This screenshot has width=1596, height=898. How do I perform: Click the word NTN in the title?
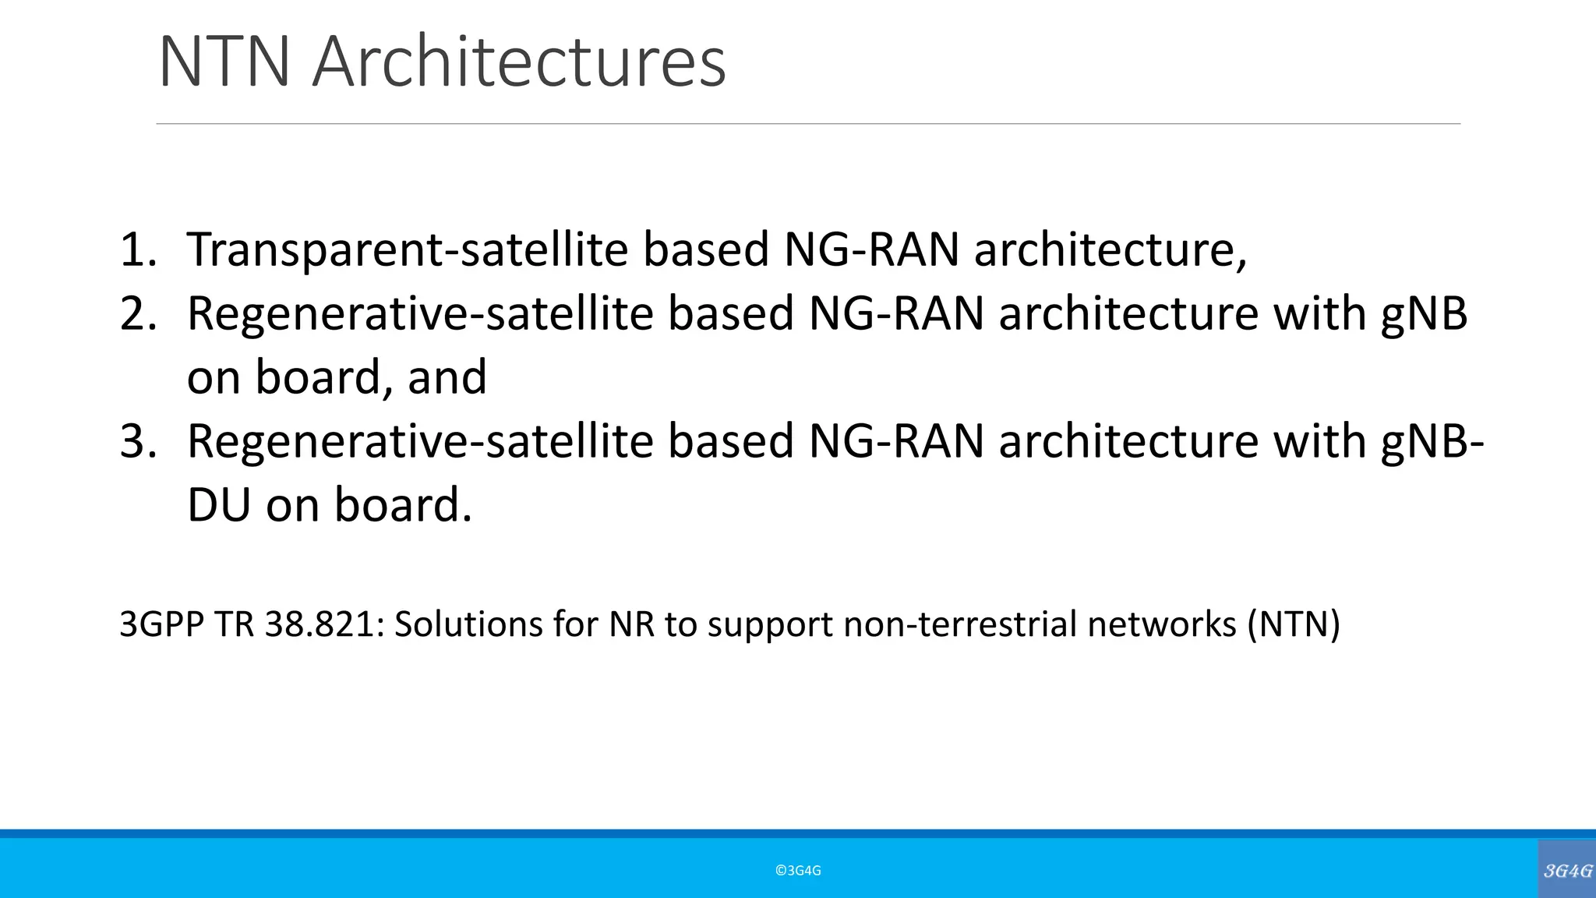click(x=224, y=62)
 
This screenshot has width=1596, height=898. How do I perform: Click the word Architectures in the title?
click(x=519, y=62)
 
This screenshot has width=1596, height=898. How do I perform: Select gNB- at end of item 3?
click(x=1432, y=441)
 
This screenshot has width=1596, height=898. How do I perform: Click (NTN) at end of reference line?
click(x=1293, y=624)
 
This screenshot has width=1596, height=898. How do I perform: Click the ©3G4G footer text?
click(x=798, y=871)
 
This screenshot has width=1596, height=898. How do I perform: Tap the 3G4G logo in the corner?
click(x=1567, y=871)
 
